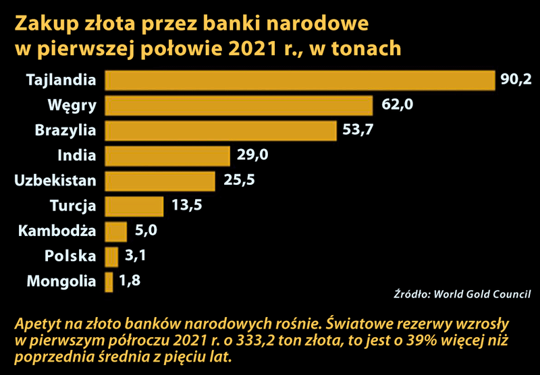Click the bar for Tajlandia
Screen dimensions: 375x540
coord(300,80)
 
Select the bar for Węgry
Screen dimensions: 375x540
coord(239,105)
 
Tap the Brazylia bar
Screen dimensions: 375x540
coord(221,130)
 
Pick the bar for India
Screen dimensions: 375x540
coord(167,156)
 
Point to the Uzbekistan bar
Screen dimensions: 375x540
coord(160,181)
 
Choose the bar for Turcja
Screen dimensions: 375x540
coord(134,206)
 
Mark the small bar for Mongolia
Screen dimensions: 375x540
coord(109,281)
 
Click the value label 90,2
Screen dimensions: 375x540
coord(516,80)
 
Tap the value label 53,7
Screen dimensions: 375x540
coord(358,130)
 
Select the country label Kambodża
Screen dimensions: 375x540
coord(57,231)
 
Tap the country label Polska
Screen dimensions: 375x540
coord(70,256)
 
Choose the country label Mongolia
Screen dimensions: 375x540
coord(61,281)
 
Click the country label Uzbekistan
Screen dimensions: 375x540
coord(55,181)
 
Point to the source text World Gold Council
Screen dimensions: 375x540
coord(482,295)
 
